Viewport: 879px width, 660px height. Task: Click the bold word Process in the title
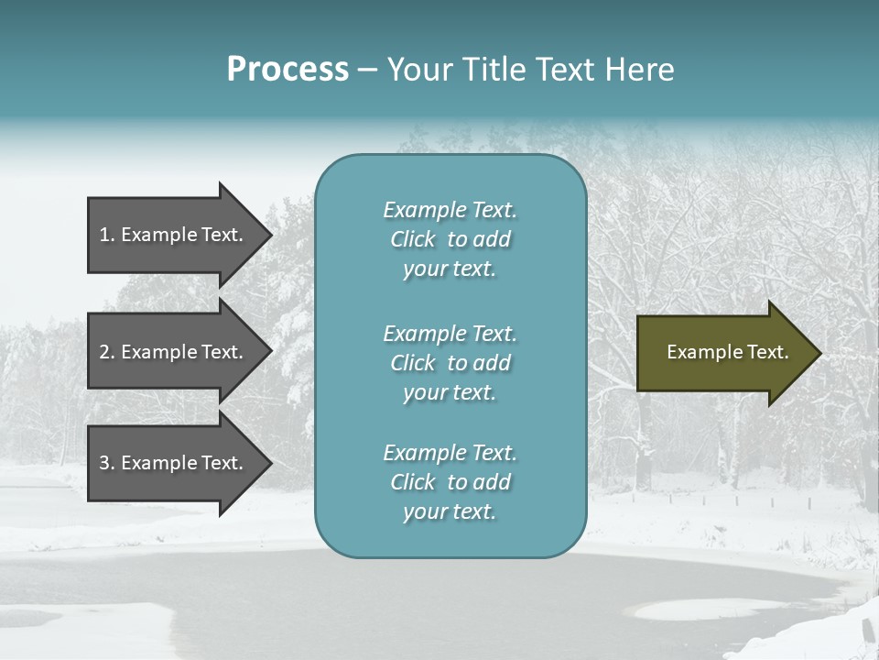pos(288,70)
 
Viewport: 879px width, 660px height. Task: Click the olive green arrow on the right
pos(723,353)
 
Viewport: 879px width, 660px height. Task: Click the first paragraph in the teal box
pos(450,239)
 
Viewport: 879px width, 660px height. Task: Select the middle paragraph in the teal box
pos(450,363)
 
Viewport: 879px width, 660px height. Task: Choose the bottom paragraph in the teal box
pos(450,482)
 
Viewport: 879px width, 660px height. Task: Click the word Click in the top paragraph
pos(412,239)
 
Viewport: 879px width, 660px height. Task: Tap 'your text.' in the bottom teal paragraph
pos(450,511)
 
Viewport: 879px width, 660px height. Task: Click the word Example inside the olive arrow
pos(695,352)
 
